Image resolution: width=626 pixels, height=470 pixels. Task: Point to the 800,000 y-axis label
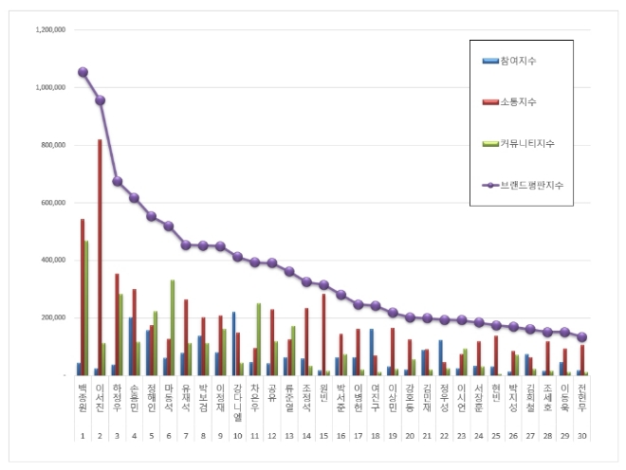pyautogui.click(x=51, y=145)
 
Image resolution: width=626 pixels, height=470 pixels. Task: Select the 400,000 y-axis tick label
pyautogui.click(x=51, y=260)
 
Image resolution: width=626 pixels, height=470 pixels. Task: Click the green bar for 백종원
pyautogui.click(x=86, y=308)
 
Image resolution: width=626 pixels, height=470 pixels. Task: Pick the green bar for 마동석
pyautogui.click(x=173, y=327)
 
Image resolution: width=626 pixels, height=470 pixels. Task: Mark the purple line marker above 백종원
pyautogui.click(x=83, y=72)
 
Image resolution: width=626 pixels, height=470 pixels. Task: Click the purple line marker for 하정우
pyautogui.click(x=117, y=181)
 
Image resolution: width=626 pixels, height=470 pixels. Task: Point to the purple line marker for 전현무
pyautogui.click(x=581, y=336)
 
